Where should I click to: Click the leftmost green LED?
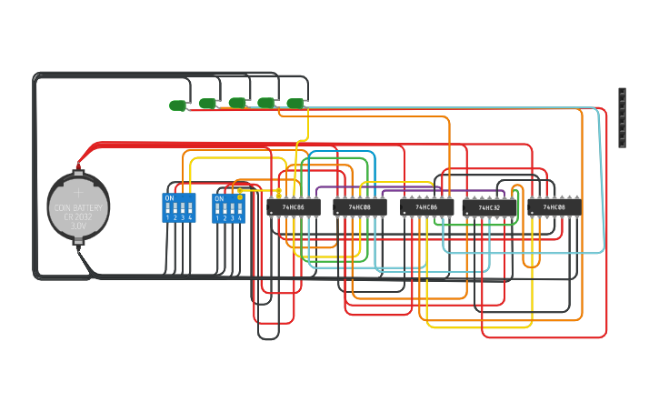coord(177,106)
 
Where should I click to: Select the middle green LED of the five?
coord(236,103)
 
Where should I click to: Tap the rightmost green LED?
coord(295,103)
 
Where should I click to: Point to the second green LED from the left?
coord(207,104)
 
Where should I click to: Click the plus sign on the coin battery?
coord(78,192)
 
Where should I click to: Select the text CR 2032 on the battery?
coord(78,216)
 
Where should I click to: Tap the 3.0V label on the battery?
coord(78,226)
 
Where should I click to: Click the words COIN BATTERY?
coord(78,207)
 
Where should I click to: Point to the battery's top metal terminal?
coord(78,172)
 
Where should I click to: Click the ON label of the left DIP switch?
coord(169,198)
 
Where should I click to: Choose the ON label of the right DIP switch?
coord(219,198)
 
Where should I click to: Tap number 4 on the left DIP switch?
coord(190,218)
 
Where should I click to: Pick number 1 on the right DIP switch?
coord(217,218)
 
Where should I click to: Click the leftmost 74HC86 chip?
coord(294,207)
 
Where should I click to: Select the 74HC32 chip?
coord(489,207)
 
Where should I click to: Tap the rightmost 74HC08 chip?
coord(554,207)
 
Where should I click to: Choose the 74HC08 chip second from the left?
coord(360,207)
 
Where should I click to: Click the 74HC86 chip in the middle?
coord(426,207)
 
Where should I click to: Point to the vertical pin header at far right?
coord(622,117)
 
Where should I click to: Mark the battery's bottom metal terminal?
coord(78,242)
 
